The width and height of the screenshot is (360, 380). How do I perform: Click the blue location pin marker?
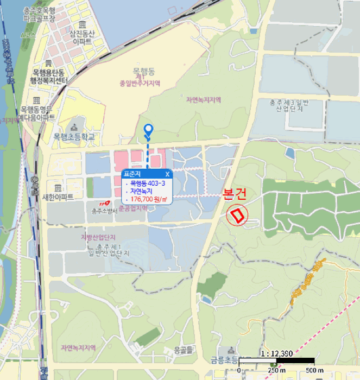click(x=148, y=130)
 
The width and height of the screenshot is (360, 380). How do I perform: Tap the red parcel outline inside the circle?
click(x=238, y=216)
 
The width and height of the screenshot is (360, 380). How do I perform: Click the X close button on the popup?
click(x=167, y=174)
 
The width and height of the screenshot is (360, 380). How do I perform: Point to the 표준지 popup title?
click(x=132, y=174)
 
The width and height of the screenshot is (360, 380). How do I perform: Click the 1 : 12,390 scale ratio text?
click(x=277, y=353)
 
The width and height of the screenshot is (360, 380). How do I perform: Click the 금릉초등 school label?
click(x=224, y=360)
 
